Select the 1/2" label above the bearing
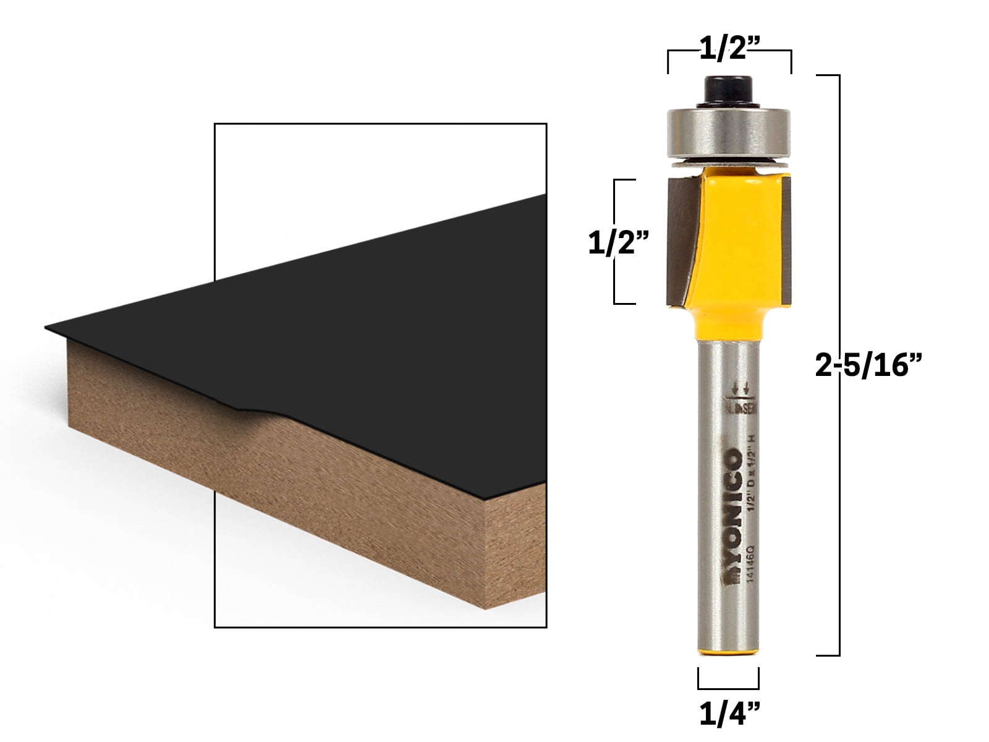point(729,48)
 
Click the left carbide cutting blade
point(680,241)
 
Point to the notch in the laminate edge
point(250,408)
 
